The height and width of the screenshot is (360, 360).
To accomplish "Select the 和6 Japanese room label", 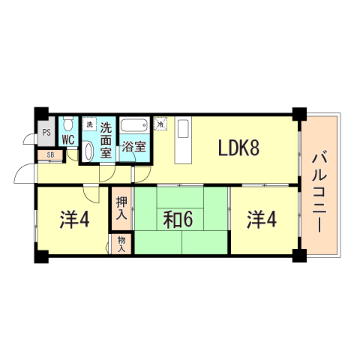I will tap(179, 220).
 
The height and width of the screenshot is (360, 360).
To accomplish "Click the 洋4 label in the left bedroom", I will tap(74, 220).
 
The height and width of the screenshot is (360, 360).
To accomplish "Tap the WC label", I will tap(67, 139).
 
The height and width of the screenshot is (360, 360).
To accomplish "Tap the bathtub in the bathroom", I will tap(135, 125).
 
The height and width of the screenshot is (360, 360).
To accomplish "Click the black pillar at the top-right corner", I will tap(299, 115).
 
